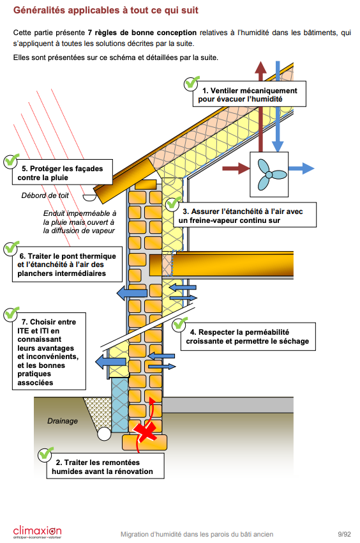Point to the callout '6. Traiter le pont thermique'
[x=68, y=265]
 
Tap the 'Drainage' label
[x=63, y=421]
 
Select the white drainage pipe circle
[x=104, y=434]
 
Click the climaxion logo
[x=37, y=532]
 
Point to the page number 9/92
[x=345, y=533]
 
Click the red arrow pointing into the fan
[x=235, y=169]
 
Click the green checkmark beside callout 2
[x=45, y=454]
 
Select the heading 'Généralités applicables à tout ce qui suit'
[x=105, y=11]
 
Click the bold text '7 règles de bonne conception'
[x=142, y=32]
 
